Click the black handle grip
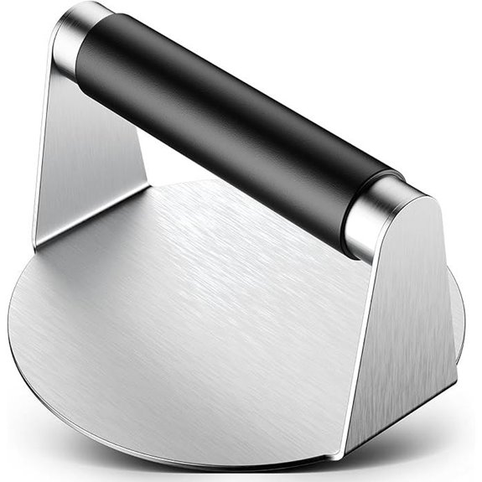tap(235, 126)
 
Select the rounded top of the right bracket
tap(411, 197)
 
